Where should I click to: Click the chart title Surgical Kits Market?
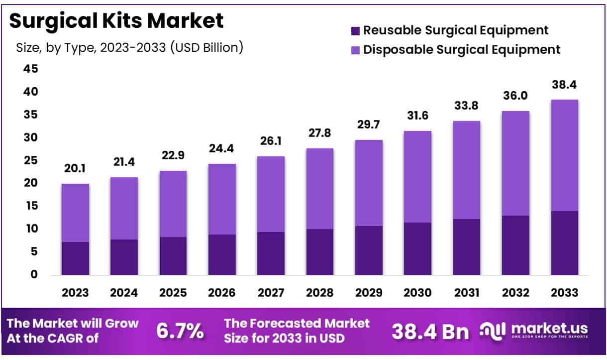[116, 21]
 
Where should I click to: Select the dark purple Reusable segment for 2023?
[75, 258]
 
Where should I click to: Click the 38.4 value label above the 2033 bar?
[564, 86]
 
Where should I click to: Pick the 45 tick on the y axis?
[31, 69]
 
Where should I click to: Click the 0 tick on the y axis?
[34, 274]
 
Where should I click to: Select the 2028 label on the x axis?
[319, 293]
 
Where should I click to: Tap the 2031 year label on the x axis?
[466, 293]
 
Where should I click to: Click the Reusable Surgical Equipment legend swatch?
[355, 31]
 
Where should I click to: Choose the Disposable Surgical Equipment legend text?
[462, 50]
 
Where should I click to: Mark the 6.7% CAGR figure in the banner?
[180, 331]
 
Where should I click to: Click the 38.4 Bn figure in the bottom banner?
[430, 331]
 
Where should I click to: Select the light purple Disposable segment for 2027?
[271, 194]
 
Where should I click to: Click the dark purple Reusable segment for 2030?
[417, 248]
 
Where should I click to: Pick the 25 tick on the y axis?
[31, 160]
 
